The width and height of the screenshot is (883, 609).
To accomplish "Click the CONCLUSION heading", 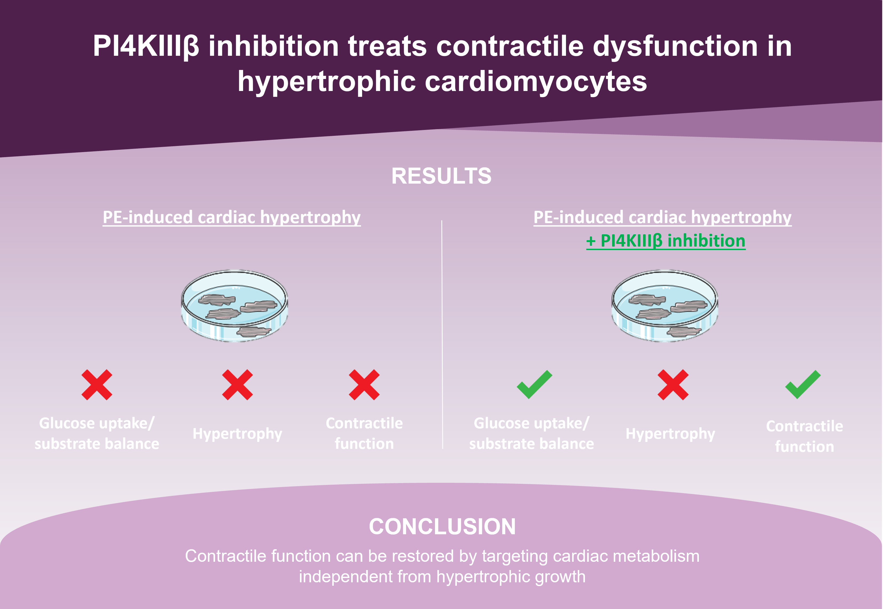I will click(442, 527).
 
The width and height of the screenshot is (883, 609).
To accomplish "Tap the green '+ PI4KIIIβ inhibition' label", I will click(666, 241).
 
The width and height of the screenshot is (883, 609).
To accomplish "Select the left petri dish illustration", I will click(234, 306).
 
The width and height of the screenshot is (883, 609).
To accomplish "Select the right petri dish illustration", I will click(664, 306).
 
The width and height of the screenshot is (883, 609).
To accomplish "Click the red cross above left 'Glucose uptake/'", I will click(97, 385).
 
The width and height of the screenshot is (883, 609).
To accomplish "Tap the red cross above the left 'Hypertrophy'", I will click(237, 385).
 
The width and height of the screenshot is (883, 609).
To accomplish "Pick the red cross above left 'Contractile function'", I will click(364, 385).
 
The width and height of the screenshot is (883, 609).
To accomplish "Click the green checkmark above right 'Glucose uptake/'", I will click(534, 385).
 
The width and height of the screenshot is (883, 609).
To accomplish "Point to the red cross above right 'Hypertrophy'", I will click(673, 385).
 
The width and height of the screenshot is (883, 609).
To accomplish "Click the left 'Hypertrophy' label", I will click(237, 434).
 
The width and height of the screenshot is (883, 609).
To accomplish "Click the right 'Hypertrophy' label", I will click(670, 434).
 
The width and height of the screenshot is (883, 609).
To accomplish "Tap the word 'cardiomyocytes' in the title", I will click(536, 81).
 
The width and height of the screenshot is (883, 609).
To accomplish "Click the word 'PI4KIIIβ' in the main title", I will click(146, 46).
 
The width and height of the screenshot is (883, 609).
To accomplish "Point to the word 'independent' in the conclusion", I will click(345, 576).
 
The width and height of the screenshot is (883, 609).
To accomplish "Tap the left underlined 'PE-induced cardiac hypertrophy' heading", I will click(231, 217).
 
